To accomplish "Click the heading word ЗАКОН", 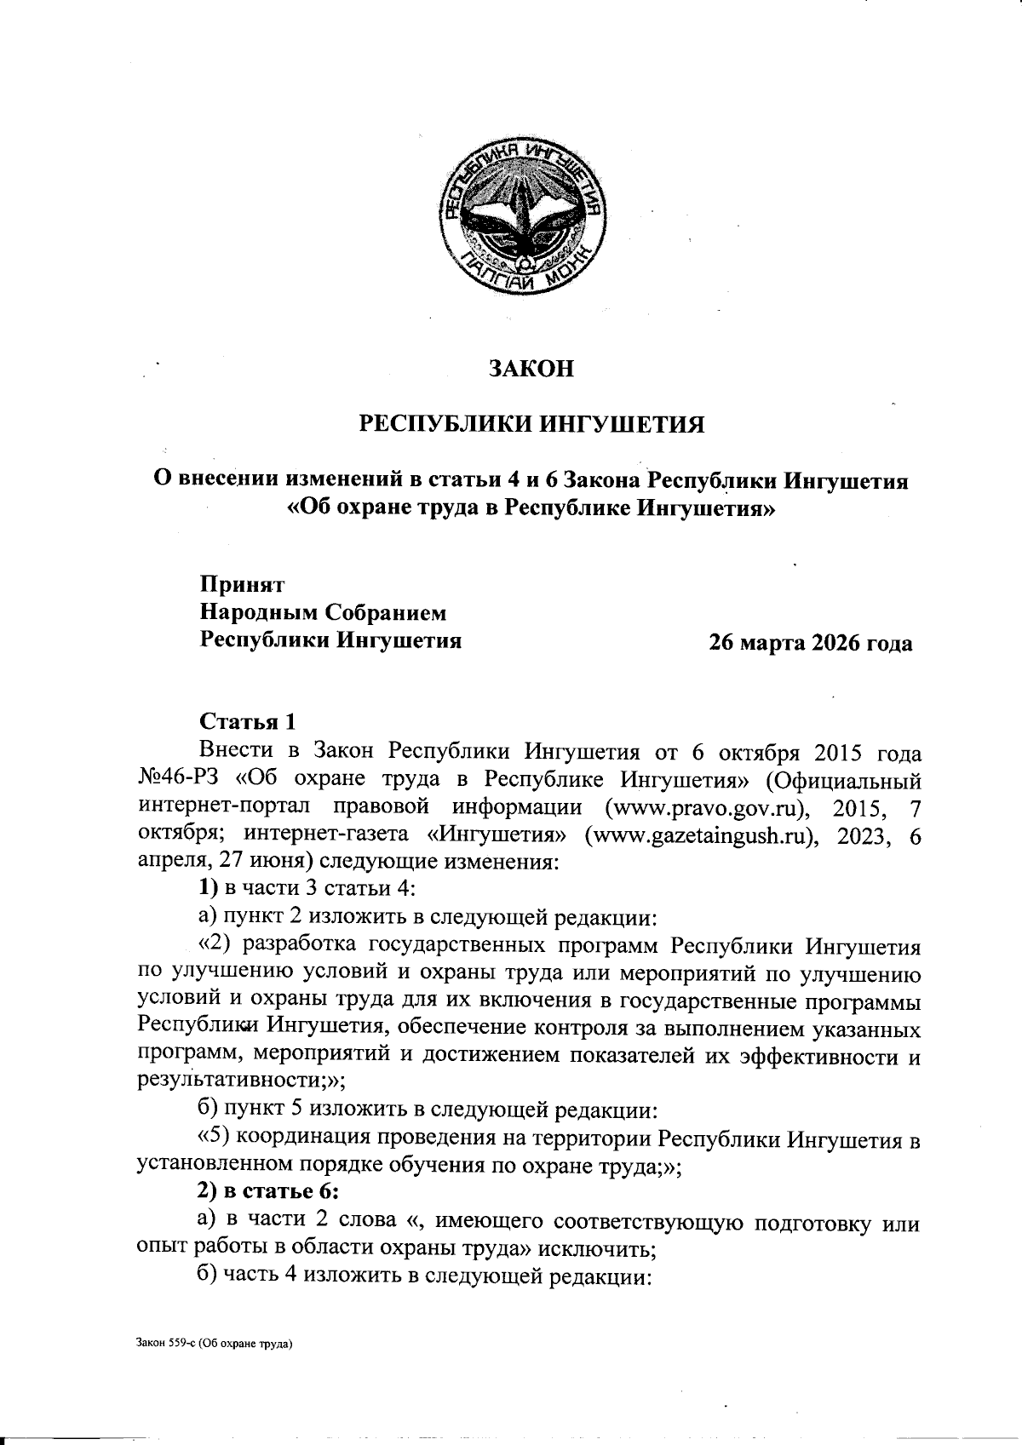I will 530,368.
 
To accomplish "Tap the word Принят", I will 242,585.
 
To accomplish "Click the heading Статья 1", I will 248,722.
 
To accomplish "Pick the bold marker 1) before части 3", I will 209,889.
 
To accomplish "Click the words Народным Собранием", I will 323,612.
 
